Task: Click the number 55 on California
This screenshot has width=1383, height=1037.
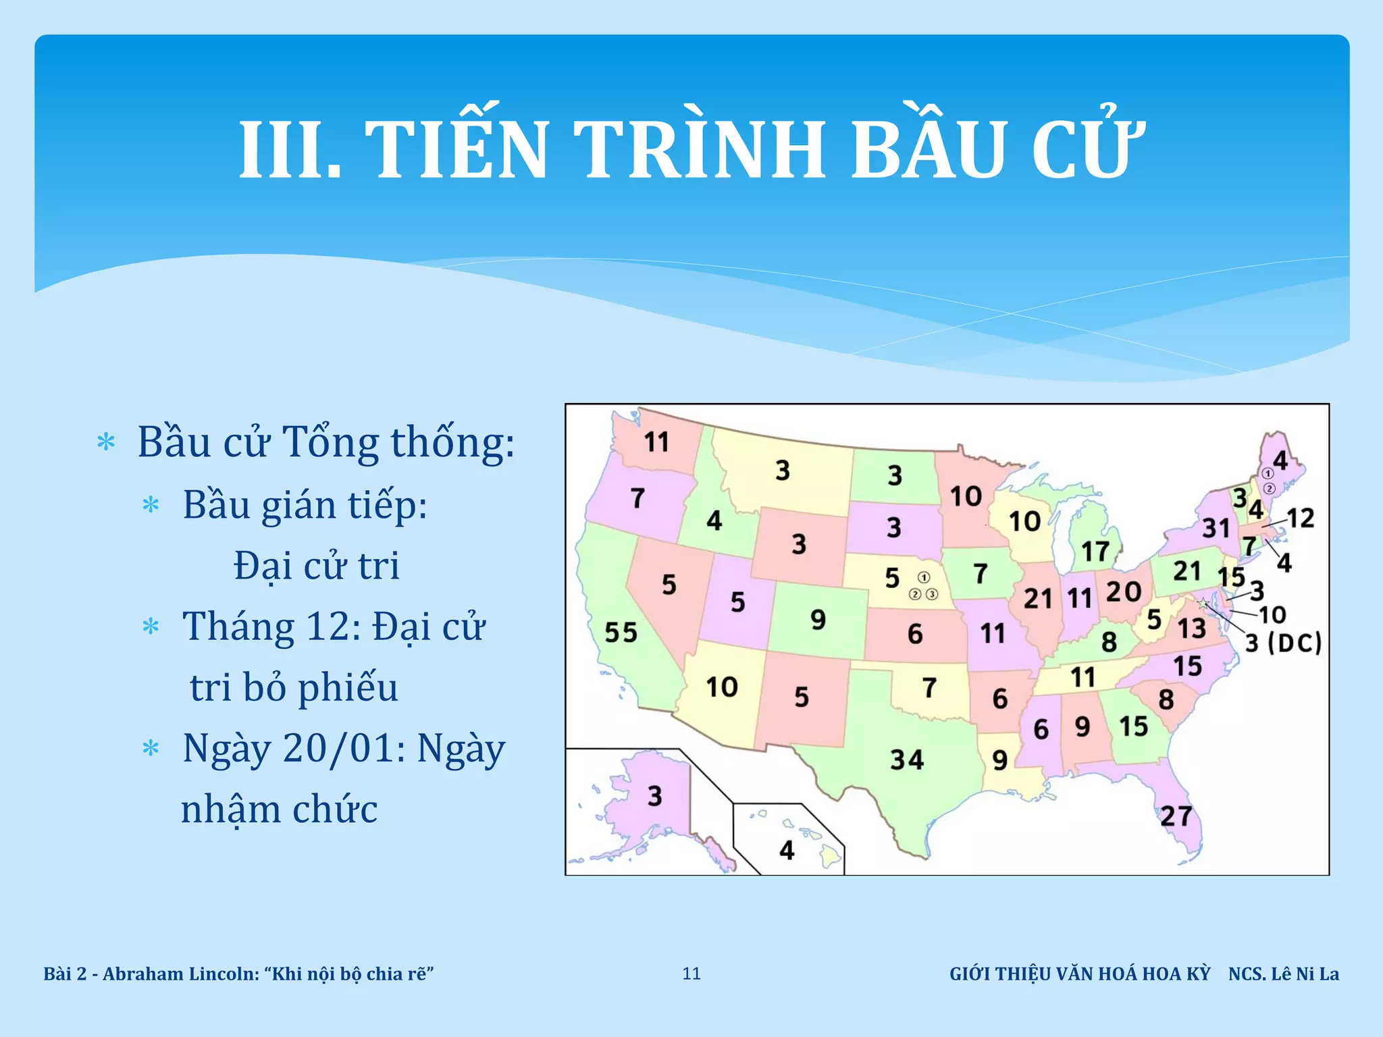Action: tap(621, 633)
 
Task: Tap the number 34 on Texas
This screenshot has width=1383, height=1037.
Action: tap(906, 760)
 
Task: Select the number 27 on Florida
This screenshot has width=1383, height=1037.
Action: tap(1176, 816)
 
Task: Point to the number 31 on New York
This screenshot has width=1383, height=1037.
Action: tap(1216, 528)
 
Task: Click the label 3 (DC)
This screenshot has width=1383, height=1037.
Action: tap(1283, 643)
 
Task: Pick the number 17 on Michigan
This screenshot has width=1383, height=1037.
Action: tap(1095, 552)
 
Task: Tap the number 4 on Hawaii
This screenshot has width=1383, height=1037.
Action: tap(787, 850)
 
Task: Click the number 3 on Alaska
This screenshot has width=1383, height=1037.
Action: tap(654, 796)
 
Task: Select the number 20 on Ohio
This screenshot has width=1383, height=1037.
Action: tap(1123, 592)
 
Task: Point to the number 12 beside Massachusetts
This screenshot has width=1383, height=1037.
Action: tap(1301, 518)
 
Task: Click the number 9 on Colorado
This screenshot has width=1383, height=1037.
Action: tap(818, 619)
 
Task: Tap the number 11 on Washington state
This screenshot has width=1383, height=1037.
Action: tap(656, 442)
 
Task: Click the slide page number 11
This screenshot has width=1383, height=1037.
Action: tap(691, 974)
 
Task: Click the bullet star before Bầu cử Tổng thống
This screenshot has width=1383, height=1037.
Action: tap(107, 443)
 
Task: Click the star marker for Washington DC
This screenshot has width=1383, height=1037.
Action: tap(1203, 603)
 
